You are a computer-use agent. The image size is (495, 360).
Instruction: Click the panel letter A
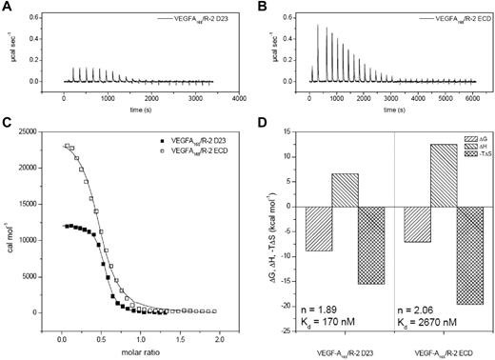[7, 7]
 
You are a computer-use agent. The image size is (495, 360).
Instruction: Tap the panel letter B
[259, 7]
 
